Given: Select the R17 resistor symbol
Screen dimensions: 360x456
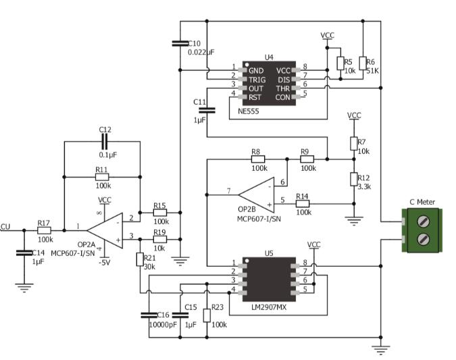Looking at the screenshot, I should point(45,230).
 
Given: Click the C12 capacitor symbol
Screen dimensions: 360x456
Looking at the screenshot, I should point(103,141).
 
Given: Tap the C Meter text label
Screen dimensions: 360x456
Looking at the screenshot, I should point(422,201).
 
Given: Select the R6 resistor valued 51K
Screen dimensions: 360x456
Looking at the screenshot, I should point(362,63).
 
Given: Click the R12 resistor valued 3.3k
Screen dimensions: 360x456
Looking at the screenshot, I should point(353,178).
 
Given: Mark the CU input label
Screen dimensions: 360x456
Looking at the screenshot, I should point(5,227).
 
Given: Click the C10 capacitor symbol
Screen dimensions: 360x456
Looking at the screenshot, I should point(179,43).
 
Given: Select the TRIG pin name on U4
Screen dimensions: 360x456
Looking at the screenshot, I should point(257,79).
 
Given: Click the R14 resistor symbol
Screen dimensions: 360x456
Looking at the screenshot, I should point(302,203).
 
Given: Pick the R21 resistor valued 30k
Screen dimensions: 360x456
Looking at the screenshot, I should point(140,259).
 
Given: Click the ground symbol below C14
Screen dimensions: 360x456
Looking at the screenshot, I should point(24,287).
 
